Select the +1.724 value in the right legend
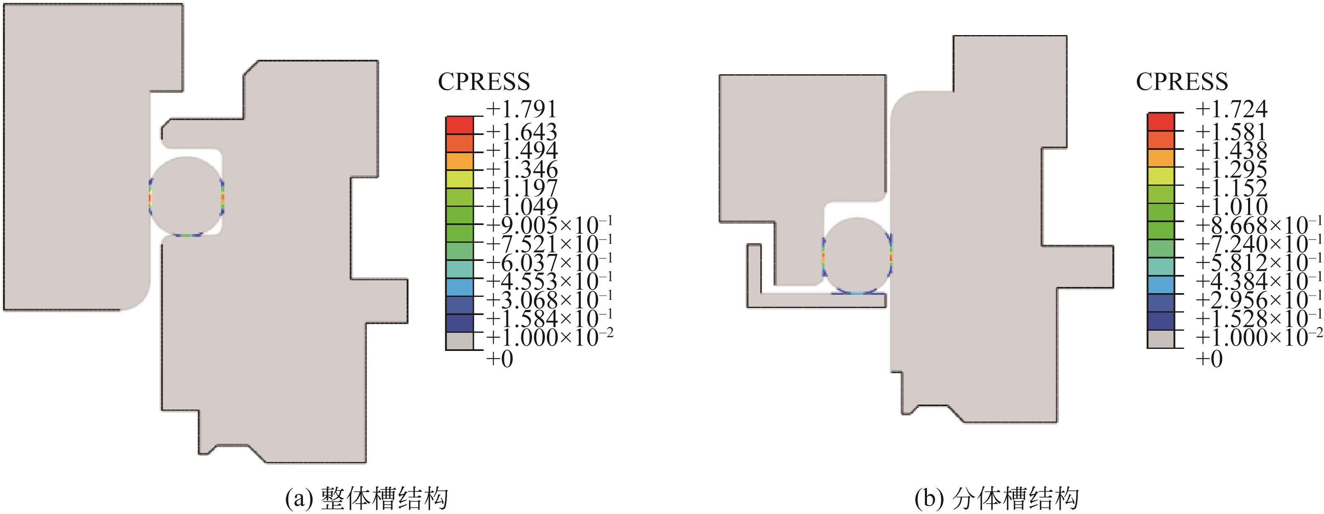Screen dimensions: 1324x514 [x=1232, y=109]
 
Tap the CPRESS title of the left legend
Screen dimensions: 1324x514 [x=484, y=82]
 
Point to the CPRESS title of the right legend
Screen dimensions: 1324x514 [x=1182, y=82]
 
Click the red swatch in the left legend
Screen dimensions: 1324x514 [x=459, y=126]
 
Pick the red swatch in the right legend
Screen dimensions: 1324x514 [x=1161, y=122]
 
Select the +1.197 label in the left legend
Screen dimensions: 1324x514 [x=522, y=188]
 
